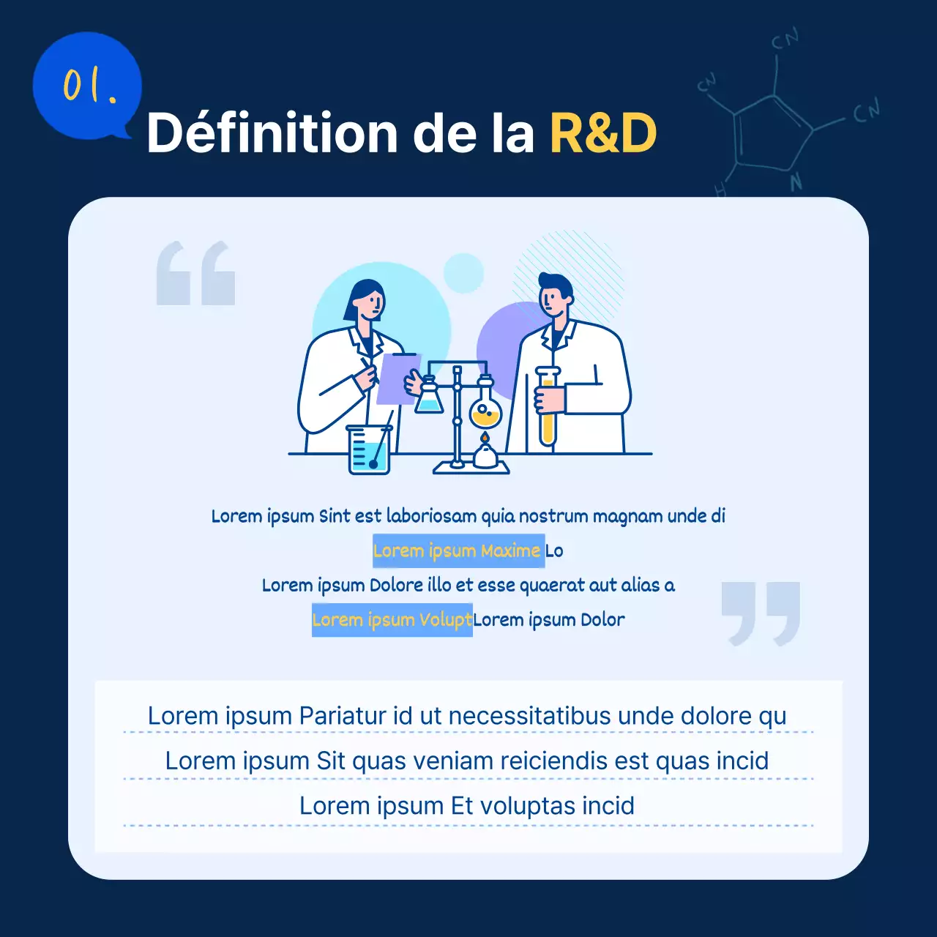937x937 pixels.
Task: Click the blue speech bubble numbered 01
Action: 86,86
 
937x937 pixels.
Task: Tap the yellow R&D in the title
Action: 602,133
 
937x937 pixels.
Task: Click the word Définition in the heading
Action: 271,133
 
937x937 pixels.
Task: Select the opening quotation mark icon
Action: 195,273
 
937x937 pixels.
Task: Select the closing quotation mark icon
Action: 761,613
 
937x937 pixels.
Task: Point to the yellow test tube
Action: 548,410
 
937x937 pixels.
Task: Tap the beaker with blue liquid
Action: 369,450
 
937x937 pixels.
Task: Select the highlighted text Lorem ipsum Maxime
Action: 458,551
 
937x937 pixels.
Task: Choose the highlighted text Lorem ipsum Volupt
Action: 392,620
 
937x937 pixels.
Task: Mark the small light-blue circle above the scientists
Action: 463,273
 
